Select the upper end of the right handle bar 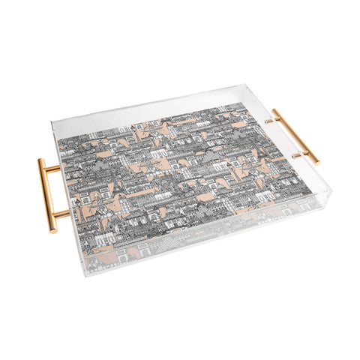(275, 111)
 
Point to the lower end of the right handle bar (316, 161)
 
